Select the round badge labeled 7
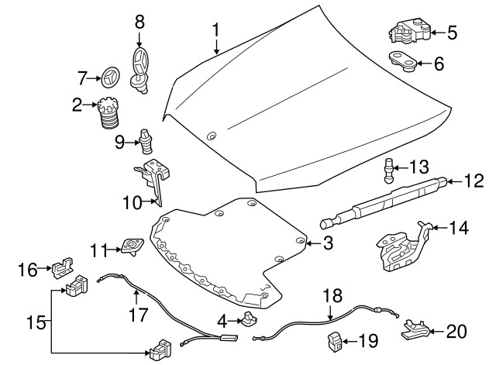click(x=108, y=77)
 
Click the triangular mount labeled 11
click(x=130, y=247)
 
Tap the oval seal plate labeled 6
click(x=401, y=60)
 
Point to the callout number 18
click(x=331, y=295)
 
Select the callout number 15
click(x=30, y=321)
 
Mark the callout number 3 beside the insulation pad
click(x=327, y=243)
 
